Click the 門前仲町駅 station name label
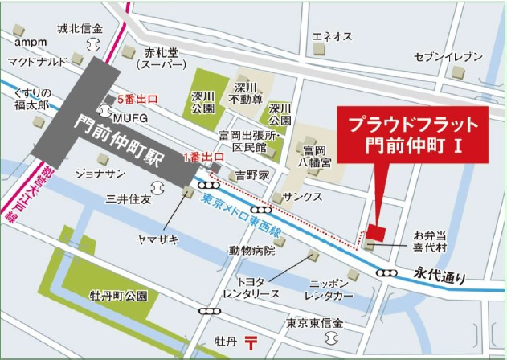[121, 139]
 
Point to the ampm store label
[28, 42]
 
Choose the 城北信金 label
[80, 29]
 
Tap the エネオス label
[332, 36]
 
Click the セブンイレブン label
[448, 57]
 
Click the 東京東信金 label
[314, 323]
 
